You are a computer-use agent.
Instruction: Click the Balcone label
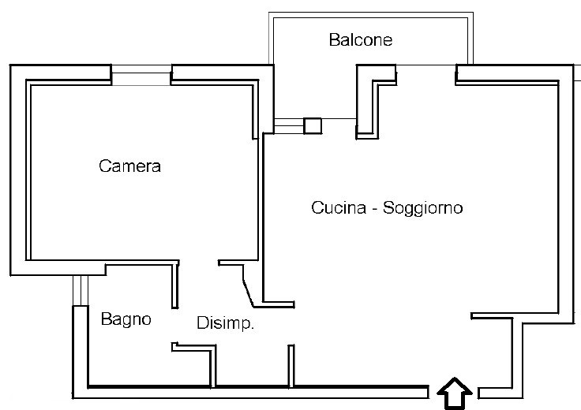[x=361, y=39]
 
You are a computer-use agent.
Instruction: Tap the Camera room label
[x=130, y=166]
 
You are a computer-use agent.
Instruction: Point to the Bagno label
[x=126, y=320]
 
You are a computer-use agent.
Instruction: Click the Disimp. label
[x=225, y=323]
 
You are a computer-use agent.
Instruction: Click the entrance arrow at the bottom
[x=454, y=393]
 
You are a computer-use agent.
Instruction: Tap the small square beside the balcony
[x=313, y=125]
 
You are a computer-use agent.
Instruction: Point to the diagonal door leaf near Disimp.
[x=246, y=287]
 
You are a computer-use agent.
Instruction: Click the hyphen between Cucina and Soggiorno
[x=374, y=210]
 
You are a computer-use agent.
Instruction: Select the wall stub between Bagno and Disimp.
[x=174, y=286]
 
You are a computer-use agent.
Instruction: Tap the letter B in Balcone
[x=334, y=39]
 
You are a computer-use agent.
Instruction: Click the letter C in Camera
[x=104, y=166]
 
